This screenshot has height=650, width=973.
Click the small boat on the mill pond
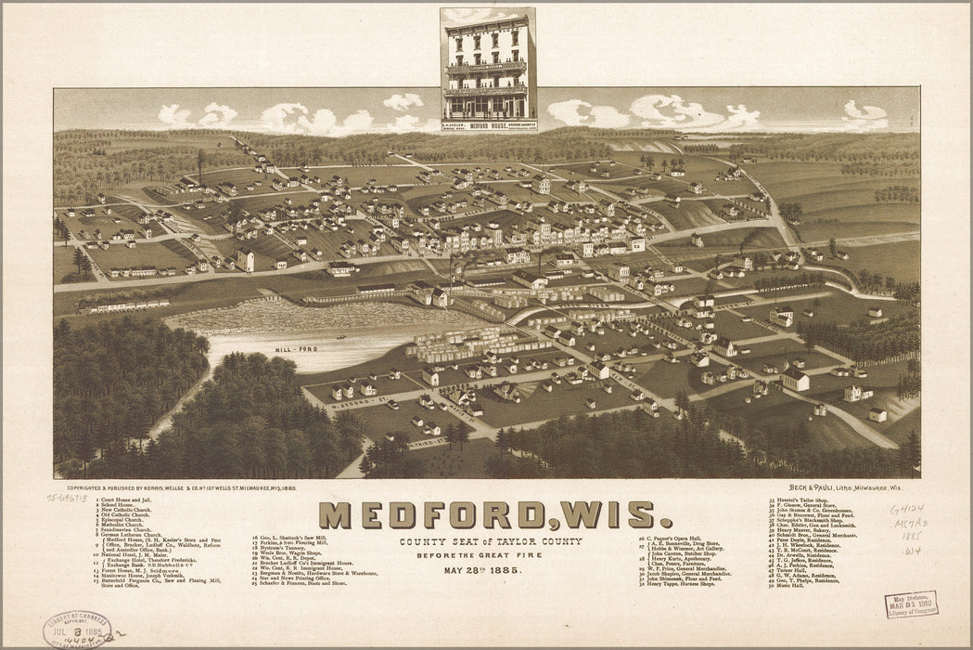(339, 336)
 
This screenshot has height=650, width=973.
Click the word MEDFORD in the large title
(431, 514)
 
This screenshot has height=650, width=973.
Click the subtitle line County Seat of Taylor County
(491, 541)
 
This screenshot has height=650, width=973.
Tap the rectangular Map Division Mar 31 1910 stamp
(910, 604)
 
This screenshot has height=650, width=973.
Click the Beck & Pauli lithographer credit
(844, 487)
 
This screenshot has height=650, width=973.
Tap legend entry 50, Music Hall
(788, 585)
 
